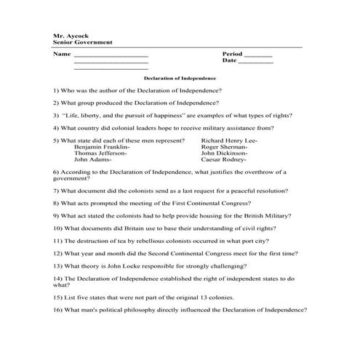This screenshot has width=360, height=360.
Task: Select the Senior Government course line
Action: [79, 42]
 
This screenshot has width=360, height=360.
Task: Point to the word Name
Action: [62, 55]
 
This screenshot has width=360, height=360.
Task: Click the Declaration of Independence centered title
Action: [180, 77]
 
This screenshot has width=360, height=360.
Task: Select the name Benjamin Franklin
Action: [103, 146]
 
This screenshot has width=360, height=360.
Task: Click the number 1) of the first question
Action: [56, 89]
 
